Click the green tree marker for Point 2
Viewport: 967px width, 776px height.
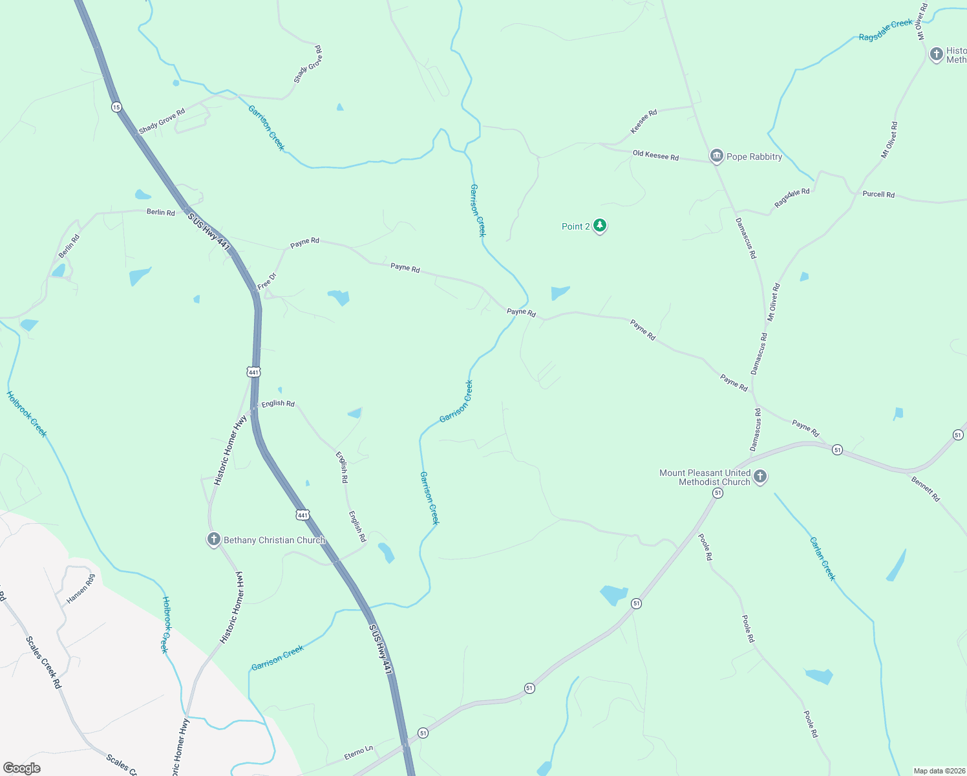(x=600, y=226)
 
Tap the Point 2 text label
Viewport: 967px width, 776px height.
(x=575, y=226)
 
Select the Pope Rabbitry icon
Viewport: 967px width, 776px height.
(x=716, y=156)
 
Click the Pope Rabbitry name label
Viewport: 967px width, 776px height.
(x=754, y=156)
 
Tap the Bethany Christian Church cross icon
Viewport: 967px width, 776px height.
(x=214, y=539)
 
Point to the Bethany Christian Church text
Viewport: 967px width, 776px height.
(x=274, y=540)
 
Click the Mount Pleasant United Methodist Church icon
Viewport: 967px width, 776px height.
(x=760, y=477)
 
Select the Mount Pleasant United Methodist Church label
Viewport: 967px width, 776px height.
(x=705, y=477)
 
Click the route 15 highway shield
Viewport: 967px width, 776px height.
(x=116, y=107)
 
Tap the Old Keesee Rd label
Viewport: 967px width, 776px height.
(x=655, y=155)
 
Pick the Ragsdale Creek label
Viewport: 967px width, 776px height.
(x=886, y=30)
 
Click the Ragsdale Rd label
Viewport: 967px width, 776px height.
(x=792, y=198)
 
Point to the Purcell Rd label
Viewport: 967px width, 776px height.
(x=878, y=194)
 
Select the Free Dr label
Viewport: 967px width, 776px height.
(x=266, y=281)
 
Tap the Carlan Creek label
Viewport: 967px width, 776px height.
(x=823, y=559)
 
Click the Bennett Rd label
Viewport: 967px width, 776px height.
(x=926, y=488)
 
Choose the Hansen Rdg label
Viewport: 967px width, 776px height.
(x=81, y=588)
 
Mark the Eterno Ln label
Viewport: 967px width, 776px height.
(x=359, y=753)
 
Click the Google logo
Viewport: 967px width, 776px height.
(x=22, y=768)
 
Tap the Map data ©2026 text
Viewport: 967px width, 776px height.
(x=937, y=771)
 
